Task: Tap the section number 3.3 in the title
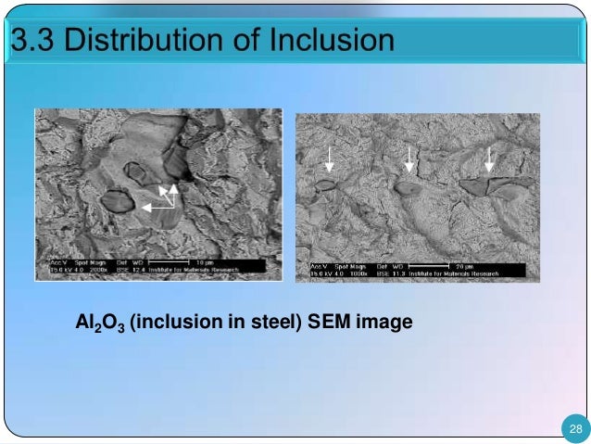tap(32, 42)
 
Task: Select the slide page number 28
tap(575, 428)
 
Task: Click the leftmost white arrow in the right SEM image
tap(328, 163)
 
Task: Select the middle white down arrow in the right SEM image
tap(409, 159)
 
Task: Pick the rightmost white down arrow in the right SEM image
tap(489, 159)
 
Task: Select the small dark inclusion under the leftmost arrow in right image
tap(325, 185)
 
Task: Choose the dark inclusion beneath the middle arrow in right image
tap(408, 186)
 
